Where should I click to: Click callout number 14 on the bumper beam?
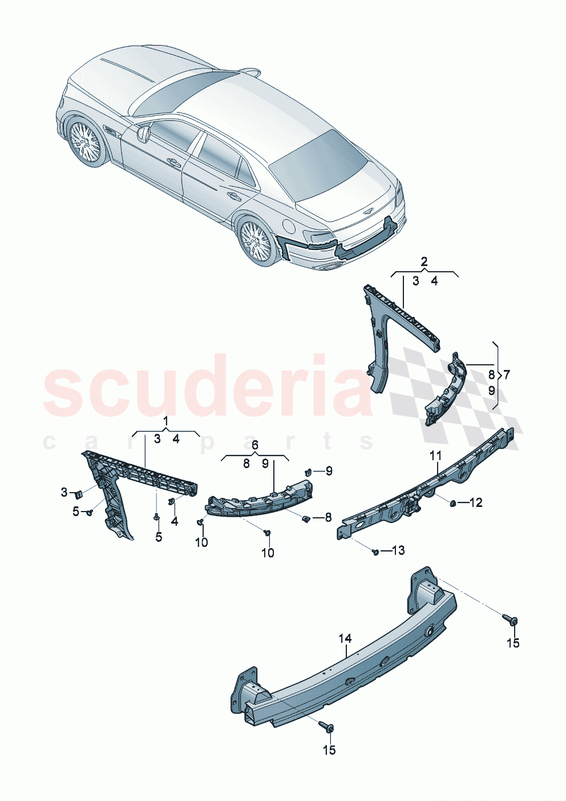click(x=345, y=638)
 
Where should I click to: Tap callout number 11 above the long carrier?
click(x=436, y=456)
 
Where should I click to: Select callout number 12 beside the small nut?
click(x=475, y=502)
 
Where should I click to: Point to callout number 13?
click(x=398, y=550)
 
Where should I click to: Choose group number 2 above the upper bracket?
click(x=424, y=262)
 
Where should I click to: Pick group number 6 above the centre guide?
click(x=254, y=445)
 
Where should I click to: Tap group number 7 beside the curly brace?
click(x=506, y=375)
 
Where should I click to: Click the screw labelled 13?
click(x=374, y=552)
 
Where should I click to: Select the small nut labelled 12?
click(x=452, y=502)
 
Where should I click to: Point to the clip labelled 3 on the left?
click(x=80, y=493)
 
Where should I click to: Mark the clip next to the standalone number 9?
click(x=308, y=472)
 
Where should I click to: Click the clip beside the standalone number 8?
click(x=306, y=518)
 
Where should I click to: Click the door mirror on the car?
click(x=143, y=132)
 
